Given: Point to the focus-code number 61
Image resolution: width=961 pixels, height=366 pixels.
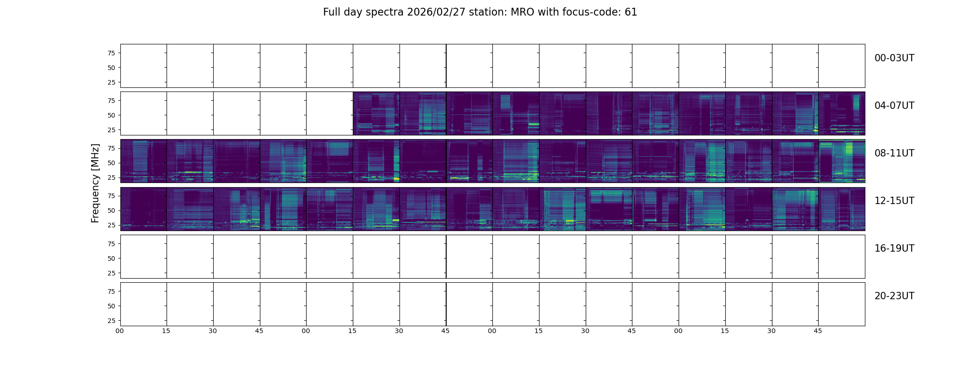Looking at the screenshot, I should point(631,12).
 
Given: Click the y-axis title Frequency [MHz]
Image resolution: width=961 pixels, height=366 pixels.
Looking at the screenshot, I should point(95,183).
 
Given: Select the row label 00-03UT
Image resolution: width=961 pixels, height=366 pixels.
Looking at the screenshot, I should point(894,58).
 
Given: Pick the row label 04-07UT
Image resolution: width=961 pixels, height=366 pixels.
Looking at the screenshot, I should point(894,106).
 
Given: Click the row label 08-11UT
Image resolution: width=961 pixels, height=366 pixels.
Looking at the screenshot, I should point(894,153).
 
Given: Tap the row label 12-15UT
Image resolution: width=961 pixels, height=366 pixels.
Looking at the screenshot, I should point(894,201).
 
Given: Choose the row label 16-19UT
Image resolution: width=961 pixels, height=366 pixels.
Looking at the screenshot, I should point(894,248).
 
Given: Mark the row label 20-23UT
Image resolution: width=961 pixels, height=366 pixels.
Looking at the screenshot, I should point(894,296).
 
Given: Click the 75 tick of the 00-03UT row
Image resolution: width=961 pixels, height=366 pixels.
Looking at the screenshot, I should point(111,53).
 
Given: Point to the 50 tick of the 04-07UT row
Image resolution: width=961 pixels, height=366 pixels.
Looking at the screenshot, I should point(111,115).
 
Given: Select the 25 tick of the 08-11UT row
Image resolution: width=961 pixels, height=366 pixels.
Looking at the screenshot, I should point(111,178).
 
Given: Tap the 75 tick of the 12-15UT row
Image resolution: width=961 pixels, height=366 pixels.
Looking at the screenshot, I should point(111,196).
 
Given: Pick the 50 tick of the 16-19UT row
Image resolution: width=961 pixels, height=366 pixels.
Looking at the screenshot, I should point(111,258).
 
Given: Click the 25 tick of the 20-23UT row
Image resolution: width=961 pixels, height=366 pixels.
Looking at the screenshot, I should point(111,321).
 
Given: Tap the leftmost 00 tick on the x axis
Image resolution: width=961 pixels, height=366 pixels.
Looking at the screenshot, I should point(120,331).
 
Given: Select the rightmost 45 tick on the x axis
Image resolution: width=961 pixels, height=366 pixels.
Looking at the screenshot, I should point(818,331).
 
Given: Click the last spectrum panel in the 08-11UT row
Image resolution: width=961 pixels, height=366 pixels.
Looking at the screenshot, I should point(842,161).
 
